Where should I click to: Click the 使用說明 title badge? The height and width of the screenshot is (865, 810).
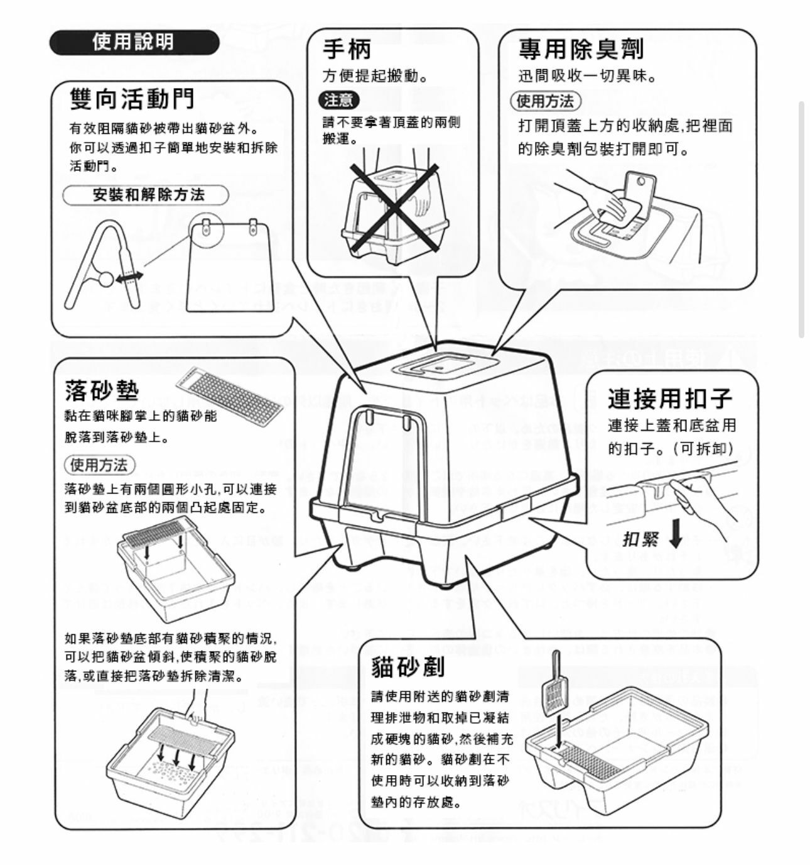point(134,43)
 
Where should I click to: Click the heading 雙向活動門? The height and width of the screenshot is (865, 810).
point(132,99)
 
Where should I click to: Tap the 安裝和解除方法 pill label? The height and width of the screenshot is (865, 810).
point(148,195)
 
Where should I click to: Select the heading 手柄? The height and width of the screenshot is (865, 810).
point(347,49)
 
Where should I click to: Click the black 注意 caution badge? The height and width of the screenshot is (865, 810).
point(339,100)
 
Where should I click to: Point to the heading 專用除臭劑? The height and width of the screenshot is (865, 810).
point(580,49)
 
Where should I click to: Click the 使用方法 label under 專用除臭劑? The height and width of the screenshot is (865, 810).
point(545,101)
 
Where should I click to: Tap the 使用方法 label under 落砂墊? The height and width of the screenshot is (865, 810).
point(99,465)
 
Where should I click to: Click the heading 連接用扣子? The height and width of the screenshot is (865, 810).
point(669,399)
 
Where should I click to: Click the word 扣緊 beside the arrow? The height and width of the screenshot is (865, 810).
point(640,539)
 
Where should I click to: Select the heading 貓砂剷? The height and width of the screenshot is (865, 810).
point(408,666)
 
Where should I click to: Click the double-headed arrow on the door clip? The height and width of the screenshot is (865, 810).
point(129,277)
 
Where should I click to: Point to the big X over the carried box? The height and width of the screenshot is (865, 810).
point(394,206)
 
